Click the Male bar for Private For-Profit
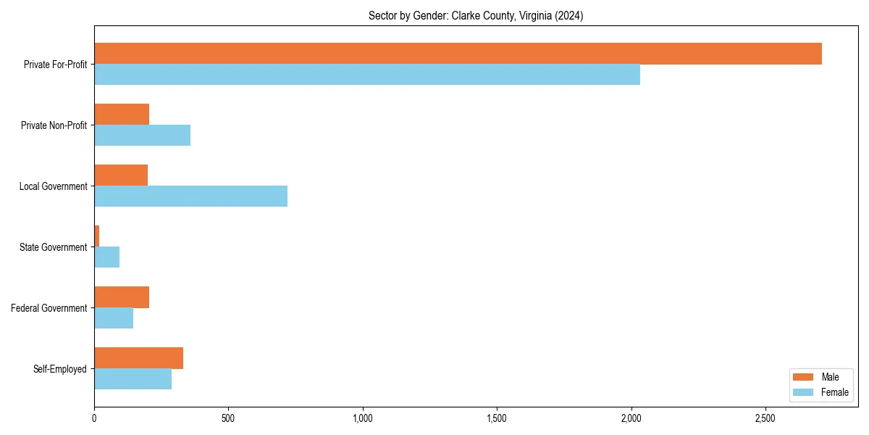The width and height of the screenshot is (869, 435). (458, 54)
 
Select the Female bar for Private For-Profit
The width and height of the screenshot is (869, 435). (367, 75)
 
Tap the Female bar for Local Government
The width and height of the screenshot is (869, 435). (190, 196)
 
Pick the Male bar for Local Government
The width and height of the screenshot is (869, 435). (121, 175)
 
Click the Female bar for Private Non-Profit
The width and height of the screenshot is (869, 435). (142, 136)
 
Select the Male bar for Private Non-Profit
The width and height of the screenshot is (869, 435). (122, 115)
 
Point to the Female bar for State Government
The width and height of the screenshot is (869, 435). (106, 257)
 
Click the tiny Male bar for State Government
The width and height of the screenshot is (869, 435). (96, 236)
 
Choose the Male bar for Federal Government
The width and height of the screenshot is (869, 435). (122, 297)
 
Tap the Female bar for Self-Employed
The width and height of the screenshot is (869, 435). (133, 379)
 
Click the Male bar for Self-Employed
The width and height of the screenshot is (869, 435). (138, 358)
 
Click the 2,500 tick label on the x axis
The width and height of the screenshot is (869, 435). (765, 418)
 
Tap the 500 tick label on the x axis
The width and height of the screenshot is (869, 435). (228, 418)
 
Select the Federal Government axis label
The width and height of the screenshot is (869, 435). (49, 308)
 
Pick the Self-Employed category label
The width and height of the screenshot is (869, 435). (60, 369)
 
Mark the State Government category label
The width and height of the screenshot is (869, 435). (54, 247)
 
